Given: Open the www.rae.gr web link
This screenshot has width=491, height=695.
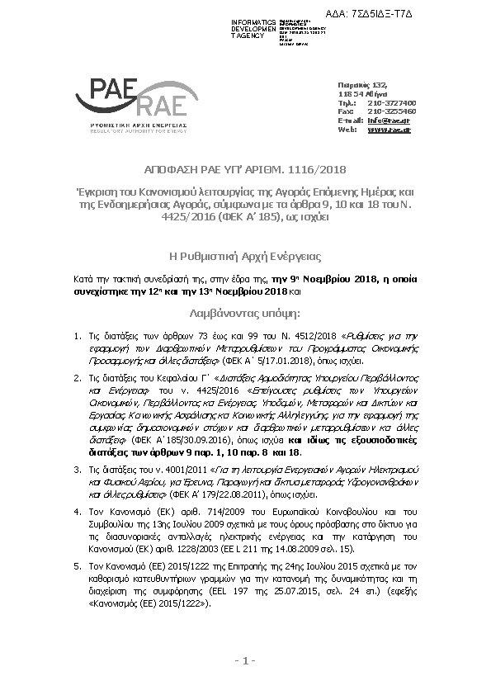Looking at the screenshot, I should point(389,130).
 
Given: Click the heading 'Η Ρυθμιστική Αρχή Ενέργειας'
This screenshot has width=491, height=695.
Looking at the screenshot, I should point(245,257).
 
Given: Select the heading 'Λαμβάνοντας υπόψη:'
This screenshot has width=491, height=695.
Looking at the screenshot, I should point(245,314).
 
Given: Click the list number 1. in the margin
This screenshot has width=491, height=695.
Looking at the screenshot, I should point(76,337).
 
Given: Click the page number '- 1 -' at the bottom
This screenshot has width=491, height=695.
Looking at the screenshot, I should point(245,660).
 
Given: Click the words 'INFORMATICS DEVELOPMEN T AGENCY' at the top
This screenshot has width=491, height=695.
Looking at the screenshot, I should point(253,28).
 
